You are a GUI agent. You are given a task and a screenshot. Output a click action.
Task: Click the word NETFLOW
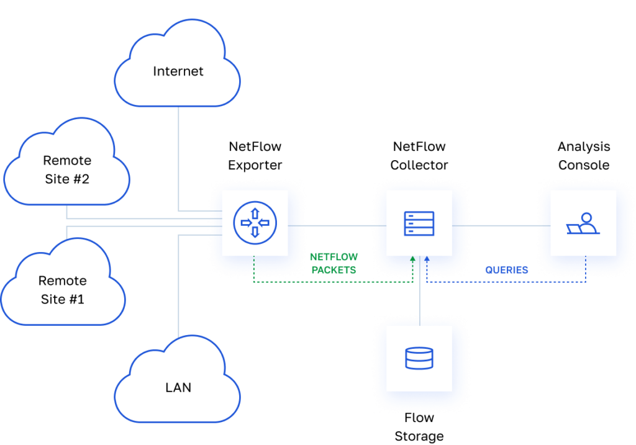click(x=334, y=257)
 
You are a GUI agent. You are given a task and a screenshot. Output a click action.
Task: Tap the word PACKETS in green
click(x=334, y=270)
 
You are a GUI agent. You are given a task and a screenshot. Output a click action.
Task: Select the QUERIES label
click(x=506, y=270)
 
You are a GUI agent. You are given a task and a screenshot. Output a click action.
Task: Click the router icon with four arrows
click(x=255, y=223)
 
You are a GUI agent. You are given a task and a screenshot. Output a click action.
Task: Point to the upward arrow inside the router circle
click(x=255, y=214)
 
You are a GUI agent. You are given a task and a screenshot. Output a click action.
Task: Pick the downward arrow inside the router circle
click(x=255, y=232)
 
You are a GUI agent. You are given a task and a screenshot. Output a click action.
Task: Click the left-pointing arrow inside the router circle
click(x=264, y=223)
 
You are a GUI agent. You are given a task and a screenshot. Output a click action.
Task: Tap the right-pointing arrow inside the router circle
click(x=245, y=223)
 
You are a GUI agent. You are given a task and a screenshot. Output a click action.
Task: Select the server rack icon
click(x=419, y=223)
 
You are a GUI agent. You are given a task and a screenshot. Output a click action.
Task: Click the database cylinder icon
click(x=419, y=358)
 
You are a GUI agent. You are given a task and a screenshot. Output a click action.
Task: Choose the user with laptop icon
click(x=583, y=223)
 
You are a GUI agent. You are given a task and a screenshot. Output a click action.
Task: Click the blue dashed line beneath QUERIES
click(x=506, y=282)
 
